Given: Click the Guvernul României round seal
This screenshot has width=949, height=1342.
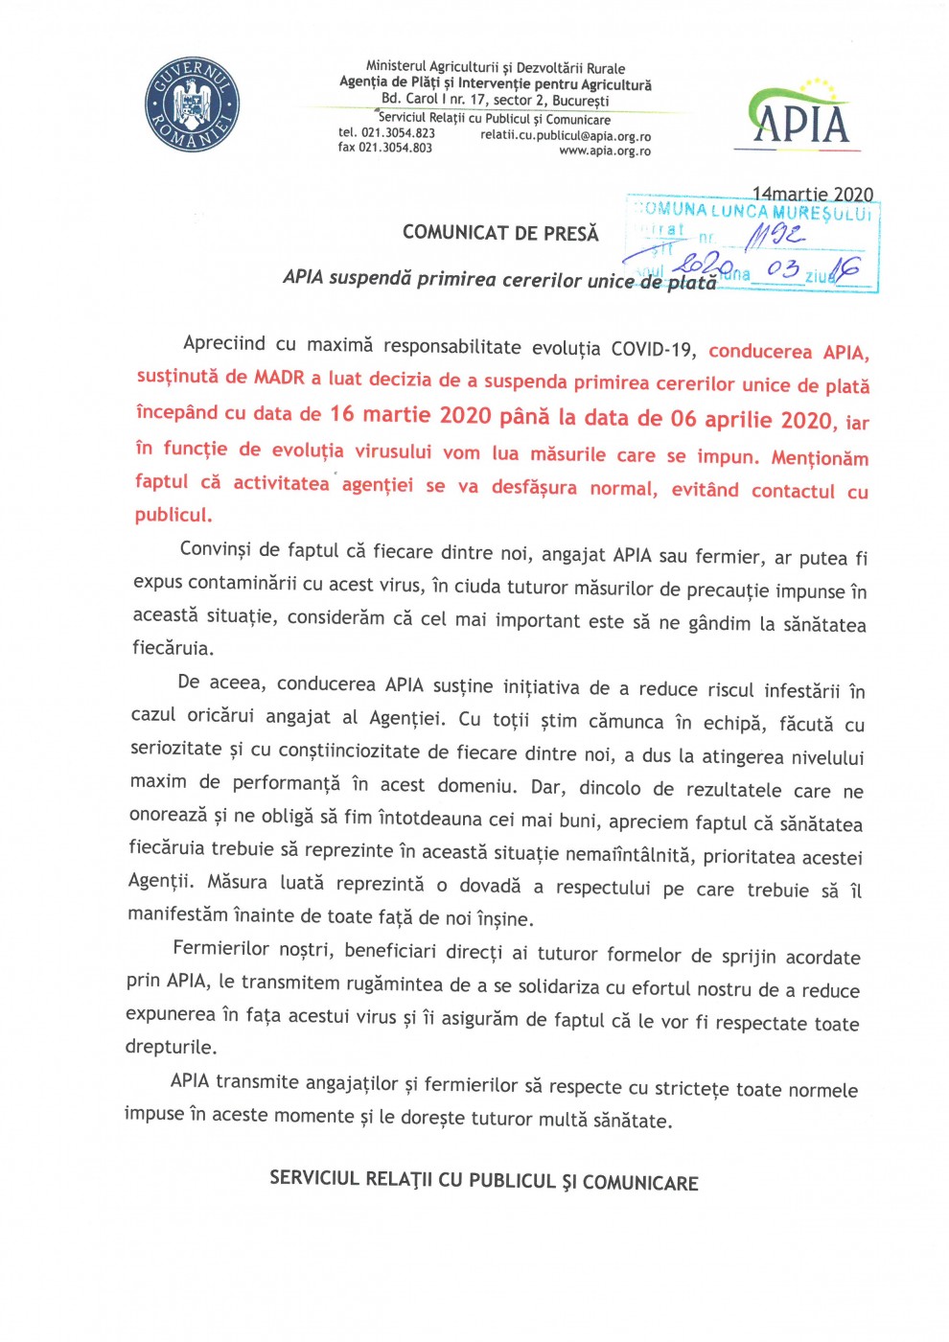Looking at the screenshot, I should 193,104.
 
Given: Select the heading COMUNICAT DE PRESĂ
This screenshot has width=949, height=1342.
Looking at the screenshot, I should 500,233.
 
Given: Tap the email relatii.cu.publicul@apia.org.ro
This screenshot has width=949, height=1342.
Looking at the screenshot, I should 566,136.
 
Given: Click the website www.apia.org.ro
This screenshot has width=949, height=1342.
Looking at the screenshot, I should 605,151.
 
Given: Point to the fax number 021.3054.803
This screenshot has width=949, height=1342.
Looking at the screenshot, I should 395,148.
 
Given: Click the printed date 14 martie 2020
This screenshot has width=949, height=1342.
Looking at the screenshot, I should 812,195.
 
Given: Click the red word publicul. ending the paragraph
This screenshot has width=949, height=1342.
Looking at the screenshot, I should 174,515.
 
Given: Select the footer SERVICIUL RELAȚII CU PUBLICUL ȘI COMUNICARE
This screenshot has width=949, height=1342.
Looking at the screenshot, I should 483,1181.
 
